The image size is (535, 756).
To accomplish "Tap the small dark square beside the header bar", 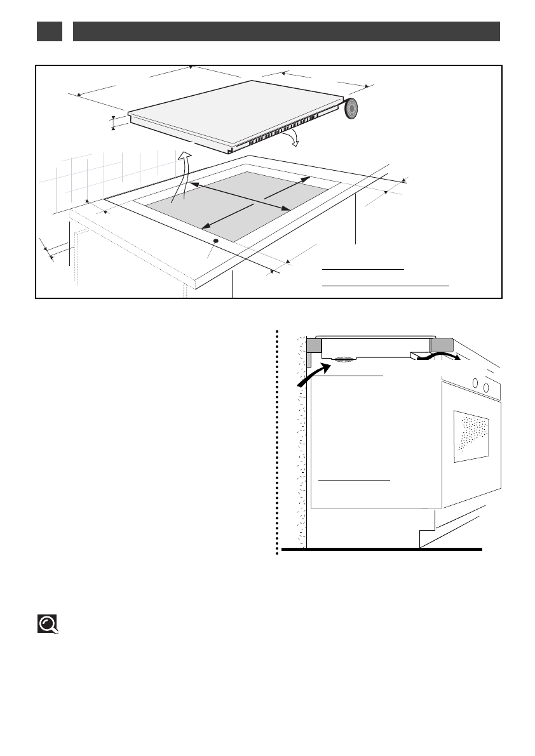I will click(49, 32).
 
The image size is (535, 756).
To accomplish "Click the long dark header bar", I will click(287, 32).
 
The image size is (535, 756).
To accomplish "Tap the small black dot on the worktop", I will click(215, 241).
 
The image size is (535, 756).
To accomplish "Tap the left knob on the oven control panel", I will click(476, 383).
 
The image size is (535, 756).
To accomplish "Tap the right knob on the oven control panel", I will click(486, 387).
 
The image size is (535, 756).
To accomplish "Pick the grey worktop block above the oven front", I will click(442, 345).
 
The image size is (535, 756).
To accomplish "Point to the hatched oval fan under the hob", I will click(344, 360).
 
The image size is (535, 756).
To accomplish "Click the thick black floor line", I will click(381, 548).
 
